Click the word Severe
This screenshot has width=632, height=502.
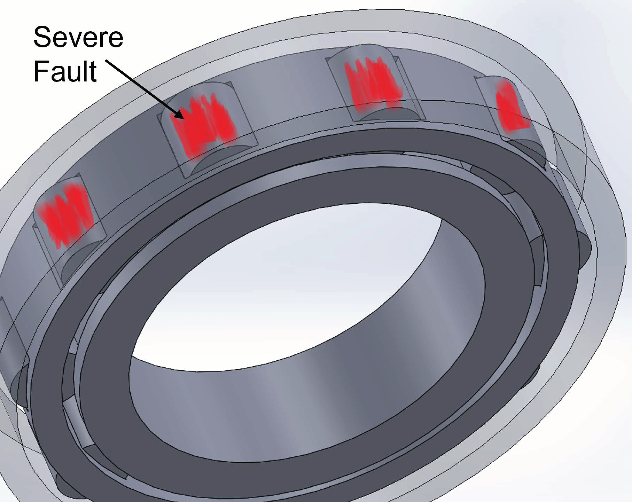pyautogui.click(x=78, y=38)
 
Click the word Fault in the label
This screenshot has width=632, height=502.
pyautogui.click(x=65, y=71)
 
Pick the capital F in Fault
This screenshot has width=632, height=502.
pyautogui.click(x=41, y=71)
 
